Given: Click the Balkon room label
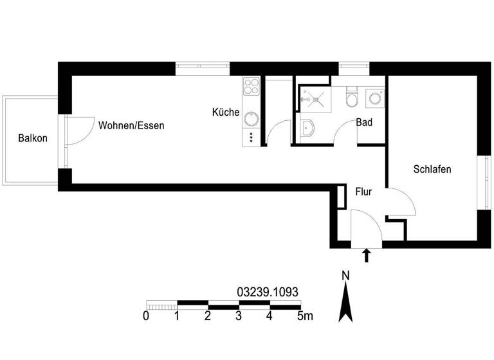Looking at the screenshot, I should [x=33, y=138].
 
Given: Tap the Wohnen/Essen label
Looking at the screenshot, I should [x=131, y=126].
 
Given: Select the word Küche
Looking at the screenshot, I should [x=226, y=113].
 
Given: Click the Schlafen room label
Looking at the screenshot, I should [x=432, y=170].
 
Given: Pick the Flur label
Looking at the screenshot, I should [x=363, y=191].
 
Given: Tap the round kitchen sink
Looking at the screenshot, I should [x=251, y=118].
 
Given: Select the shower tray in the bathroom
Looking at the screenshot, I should [x=313, y=97].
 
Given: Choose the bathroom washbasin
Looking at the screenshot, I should [x=307, y=129].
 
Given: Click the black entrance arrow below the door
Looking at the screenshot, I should [x=367, y=256].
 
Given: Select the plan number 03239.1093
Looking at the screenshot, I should [x=268, y=291].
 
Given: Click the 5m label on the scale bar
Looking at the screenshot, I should [x=305, y=316].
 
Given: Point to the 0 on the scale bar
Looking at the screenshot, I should [x=146, y=316].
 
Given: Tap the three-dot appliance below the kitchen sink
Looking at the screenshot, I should [x=251, y=137].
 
